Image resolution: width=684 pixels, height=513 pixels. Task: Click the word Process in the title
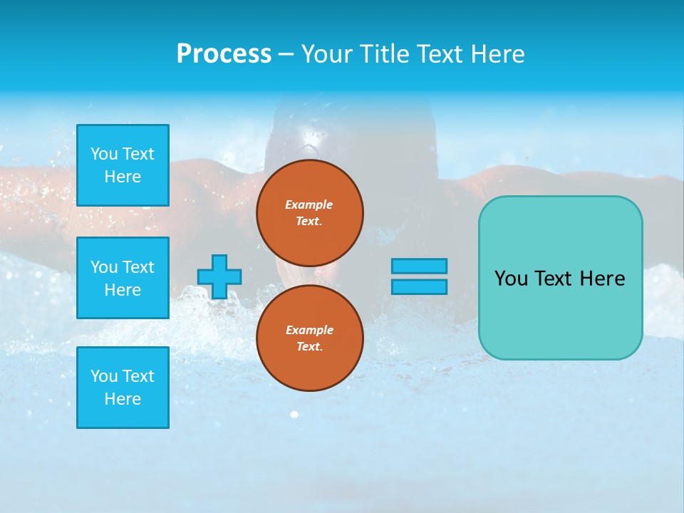[x=224, y=54]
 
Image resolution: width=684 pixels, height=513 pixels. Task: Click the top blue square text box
[x=123, y=165]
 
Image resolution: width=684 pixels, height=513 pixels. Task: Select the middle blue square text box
[x=123, y=278]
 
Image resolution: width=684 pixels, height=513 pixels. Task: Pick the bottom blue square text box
[x=123, y=388]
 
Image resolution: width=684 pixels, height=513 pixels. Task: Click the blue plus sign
[x=219, y=276]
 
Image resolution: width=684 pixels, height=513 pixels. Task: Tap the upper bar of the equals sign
[x=419, y=266]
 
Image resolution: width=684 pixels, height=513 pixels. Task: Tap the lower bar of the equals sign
[x=419, y=286]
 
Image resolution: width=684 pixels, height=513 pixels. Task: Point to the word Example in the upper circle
[x=309, y=204]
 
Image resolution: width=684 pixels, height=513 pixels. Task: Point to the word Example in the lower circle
[x=309, y=330]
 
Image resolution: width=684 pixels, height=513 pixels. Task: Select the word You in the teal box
[x=511, y=279]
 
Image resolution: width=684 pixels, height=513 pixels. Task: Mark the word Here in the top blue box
[x=123, y=177]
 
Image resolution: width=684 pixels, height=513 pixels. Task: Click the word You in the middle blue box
[x=103, y=267]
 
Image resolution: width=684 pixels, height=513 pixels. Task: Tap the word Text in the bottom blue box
[x=138, y=376]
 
